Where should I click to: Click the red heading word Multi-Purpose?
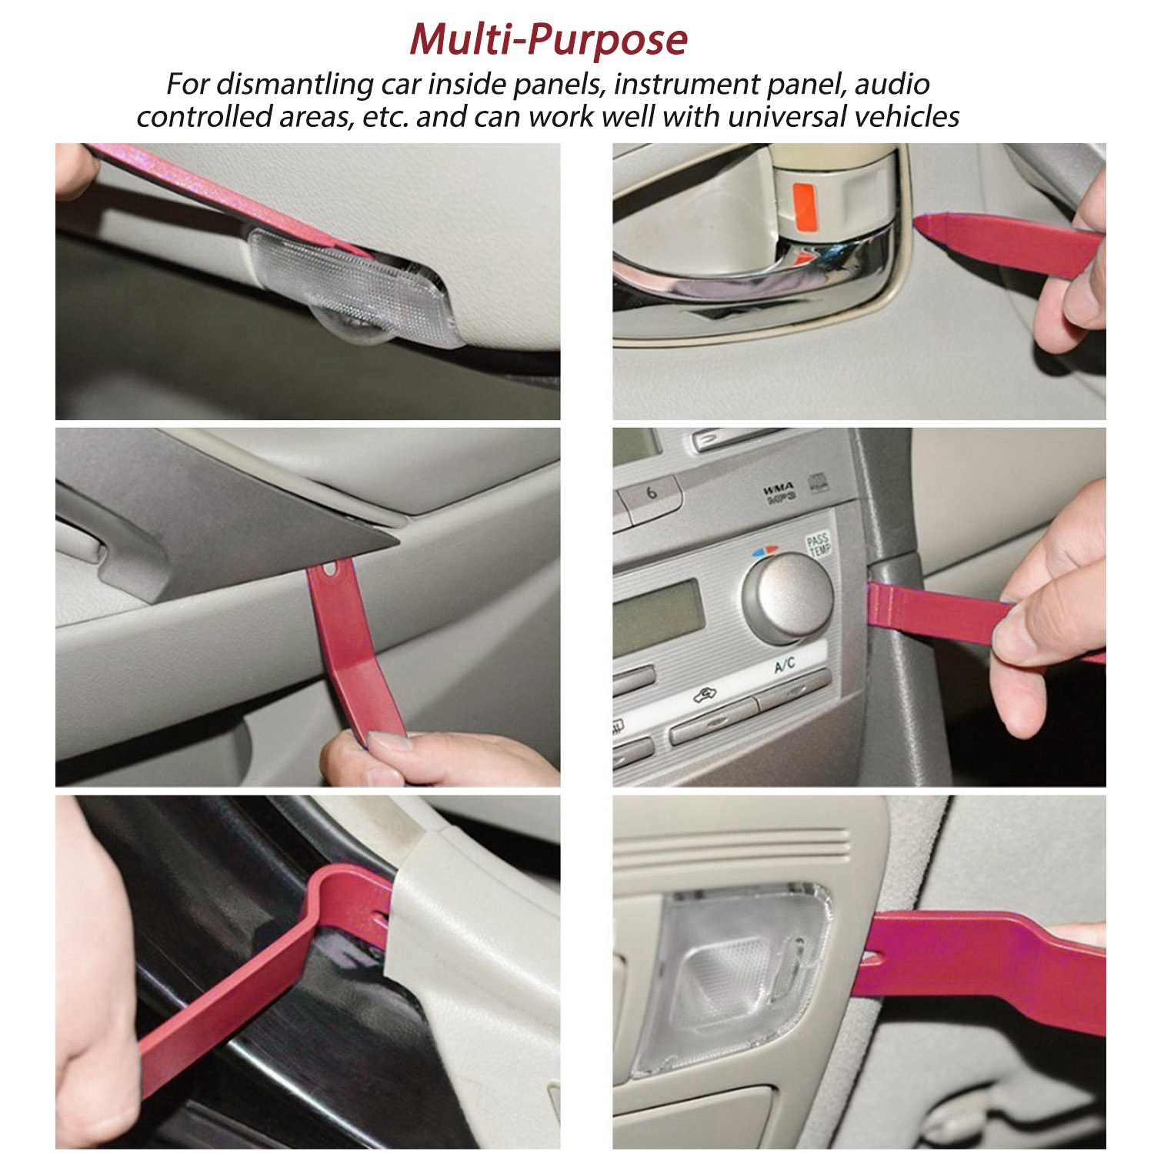click(x=549, y=39)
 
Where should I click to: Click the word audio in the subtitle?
click(x=892, y=84)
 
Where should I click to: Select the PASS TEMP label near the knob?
click(x=818, y=544)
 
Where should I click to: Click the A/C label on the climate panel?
click(x=785, y=665)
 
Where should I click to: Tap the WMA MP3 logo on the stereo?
click(x=779, y=493)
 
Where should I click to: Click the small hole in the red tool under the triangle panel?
click(x=332, y=570)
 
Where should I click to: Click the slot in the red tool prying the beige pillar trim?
click(x=379, y=917)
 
